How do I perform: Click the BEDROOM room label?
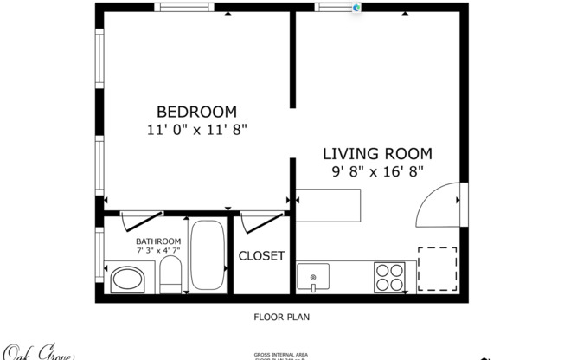[x=196, y=112]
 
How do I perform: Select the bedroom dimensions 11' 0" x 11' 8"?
[x=196, y=130]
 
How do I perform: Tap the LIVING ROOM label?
[x=377, y=154]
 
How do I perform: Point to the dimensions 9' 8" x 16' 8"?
[x=377, y=171]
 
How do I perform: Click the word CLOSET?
[x=261, y=256]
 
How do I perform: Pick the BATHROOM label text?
[x=158, y=241]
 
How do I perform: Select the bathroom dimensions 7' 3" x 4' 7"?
[x=158, y=251]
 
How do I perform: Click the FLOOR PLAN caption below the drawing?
[x=281, y=317]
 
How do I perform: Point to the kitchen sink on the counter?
[x=312, y=278]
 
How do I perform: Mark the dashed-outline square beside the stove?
[x=437, y=269]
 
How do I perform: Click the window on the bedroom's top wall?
[x=184, y=8]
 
